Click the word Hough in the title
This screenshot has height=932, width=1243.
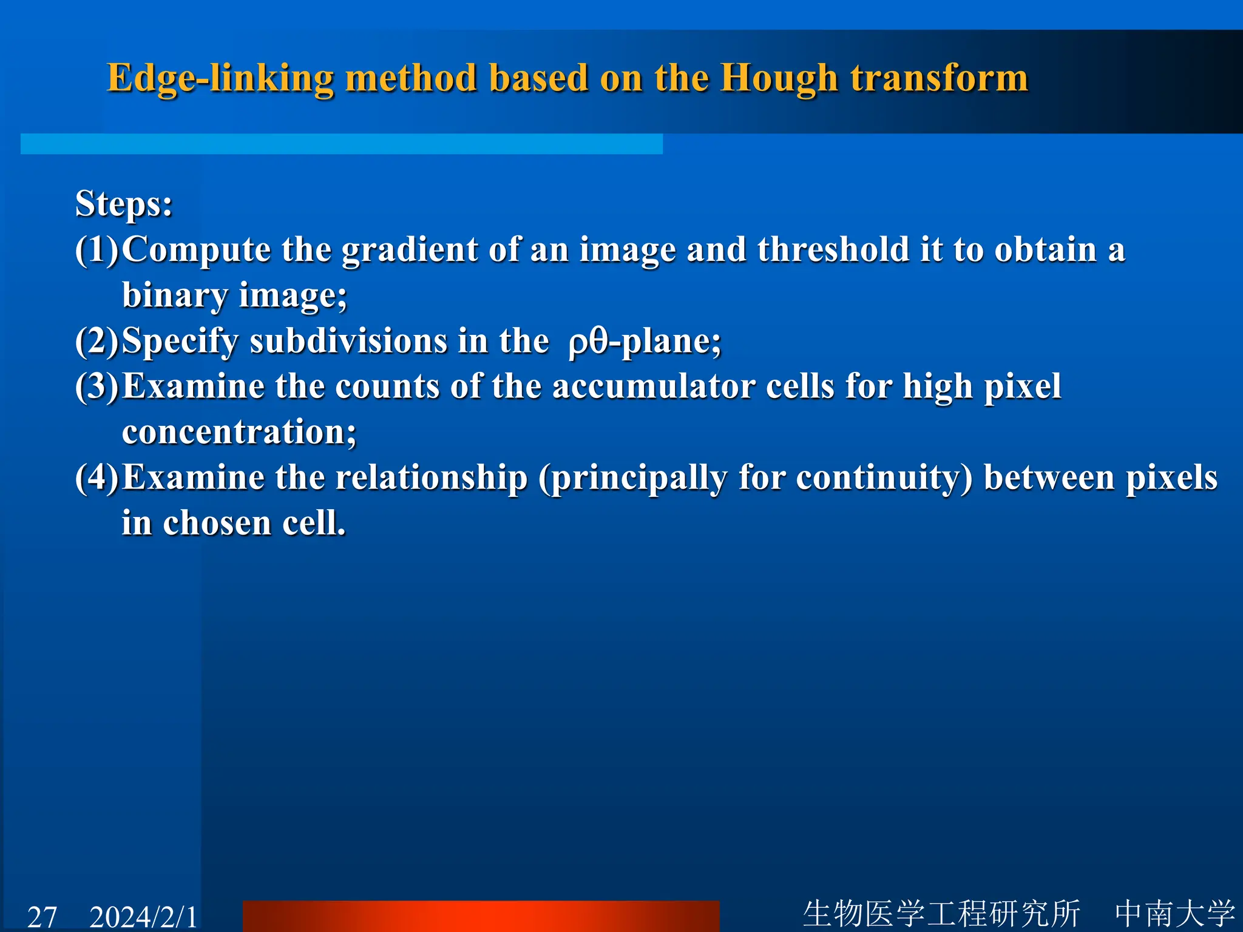(x=778, y=79)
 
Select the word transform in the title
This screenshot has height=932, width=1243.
(x=939, y=79)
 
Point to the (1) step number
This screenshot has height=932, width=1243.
(x=97, y=249)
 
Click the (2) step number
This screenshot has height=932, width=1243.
(x=97, y=341)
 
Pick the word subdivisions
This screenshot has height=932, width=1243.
(x=348, y=341)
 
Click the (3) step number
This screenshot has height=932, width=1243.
(x=97, y=387)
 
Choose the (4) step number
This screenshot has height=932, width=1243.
(x=97, y=478)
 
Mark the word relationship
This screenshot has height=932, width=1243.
(x=432, y=478)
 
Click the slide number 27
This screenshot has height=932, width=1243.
(x=42, y=916)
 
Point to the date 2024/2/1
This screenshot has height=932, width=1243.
(x=143, y=916)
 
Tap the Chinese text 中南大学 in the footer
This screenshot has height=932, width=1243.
(x=1174, y=913)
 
